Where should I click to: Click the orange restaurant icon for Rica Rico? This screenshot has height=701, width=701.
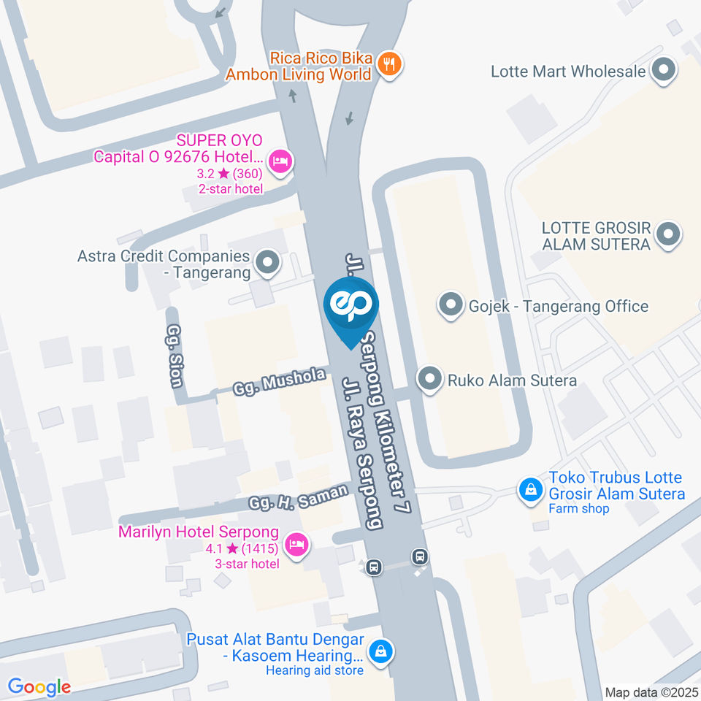tap(389, 65)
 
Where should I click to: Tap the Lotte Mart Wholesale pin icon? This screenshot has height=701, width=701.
tap(664, 72)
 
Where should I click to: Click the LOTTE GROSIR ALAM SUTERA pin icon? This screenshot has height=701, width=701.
tap(667, 235)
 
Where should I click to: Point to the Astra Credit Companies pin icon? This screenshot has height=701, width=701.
tap(267, 263)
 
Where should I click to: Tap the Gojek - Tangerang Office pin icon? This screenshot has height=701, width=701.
tap(450, 305)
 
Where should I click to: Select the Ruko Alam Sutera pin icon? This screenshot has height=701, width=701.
tap(429, 380)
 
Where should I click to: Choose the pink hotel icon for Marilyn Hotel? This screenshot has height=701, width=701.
tap(296, 544)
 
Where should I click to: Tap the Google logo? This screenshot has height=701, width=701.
tap(39, 686)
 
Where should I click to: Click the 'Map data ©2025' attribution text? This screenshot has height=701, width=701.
tap(651, 692)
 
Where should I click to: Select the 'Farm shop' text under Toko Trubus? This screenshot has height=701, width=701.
tap(578, 508)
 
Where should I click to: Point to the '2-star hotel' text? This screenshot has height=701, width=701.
tap(231, 188)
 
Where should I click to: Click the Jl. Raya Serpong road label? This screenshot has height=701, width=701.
tap(363, 453)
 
